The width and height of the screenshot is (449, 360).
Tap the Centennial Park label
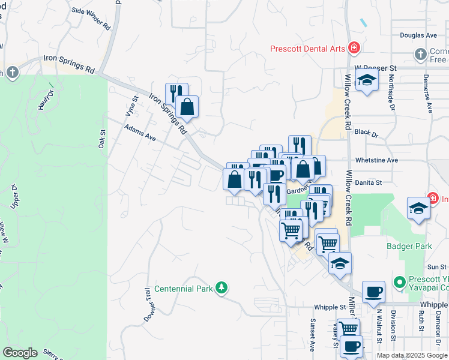click(x=184, y=289)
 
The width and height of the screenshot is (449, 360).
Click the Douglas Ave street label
click(x=418, y=35)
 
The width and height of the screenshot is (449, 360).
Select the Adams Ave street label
click(x=140, y=133)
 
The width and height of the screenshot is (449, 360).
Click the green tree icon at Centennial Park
click(x=222, y=289)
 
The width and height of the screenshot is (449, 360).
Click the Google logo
click(x=20, y=353)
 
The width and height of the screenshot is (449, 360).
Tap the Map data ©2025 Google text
click(x=412, y=355)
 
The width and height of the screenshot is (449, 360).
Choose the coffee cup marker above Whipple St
click(x=374, y=292)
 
